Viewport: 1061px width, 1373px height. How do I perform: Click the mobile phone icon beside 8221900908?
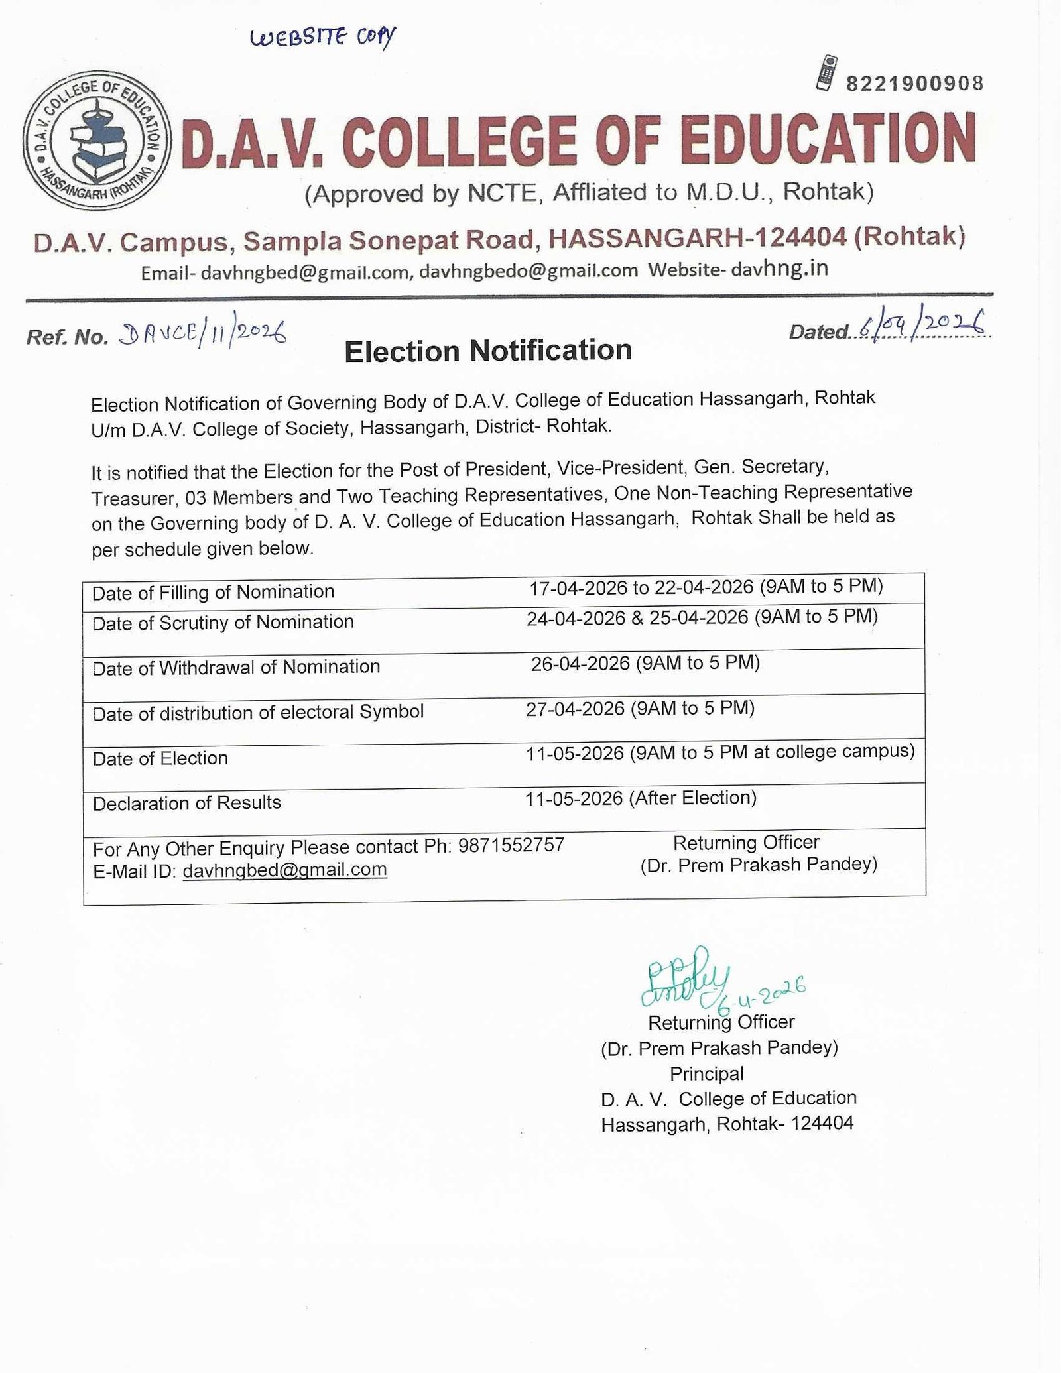pos(826,73)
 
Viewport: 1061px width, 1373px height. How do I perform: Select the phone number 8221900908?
pos(914,84)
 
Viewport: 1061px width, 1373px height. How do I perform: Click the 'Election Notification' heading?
pos(487,351)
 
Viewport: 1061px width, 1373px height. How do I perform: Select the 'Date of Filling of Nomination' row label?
pos(213,592)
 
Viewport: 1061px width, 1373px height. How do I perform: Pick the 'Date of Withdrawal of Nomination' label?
pos(236,667)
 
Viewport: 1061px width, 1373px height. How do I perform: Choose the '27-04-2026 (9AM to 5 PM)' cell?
pos(640,709)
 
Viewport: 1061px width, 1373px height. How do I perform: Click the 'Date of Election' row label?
pos(160,758)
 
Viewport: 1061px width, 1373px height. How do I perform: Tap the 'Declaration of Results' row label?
pos(187,803)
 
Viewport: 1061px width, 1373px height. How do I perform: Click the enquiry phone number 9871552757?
pos(511,845)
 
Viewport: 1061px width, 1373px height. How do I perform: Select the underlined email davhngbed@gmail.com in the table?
pos(284,870)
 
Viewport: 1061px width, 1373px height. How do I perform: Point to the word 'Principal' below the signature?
pos(706,1073)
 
